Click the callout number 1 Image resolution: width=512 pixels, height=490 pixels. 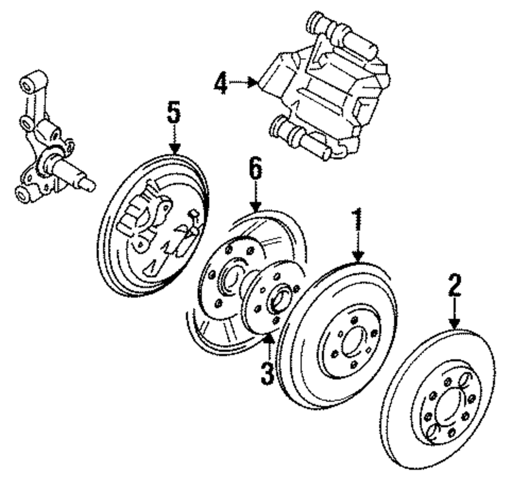coord(358,219)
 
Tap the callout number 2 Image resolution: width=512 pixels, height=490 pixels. coord(455,285)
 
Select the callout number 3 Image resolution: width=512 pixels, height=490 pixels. coord(267,373)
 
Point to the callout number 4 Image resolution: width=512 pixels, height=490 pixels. coord(221,83)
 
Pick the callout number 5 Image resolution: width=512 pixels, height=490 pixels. coord(174,112)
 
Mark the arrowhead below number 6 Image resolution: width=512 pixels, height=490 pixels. coord(255,207)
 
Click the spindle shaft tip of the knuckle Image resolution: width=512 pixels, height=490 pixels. coord(90,186)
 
